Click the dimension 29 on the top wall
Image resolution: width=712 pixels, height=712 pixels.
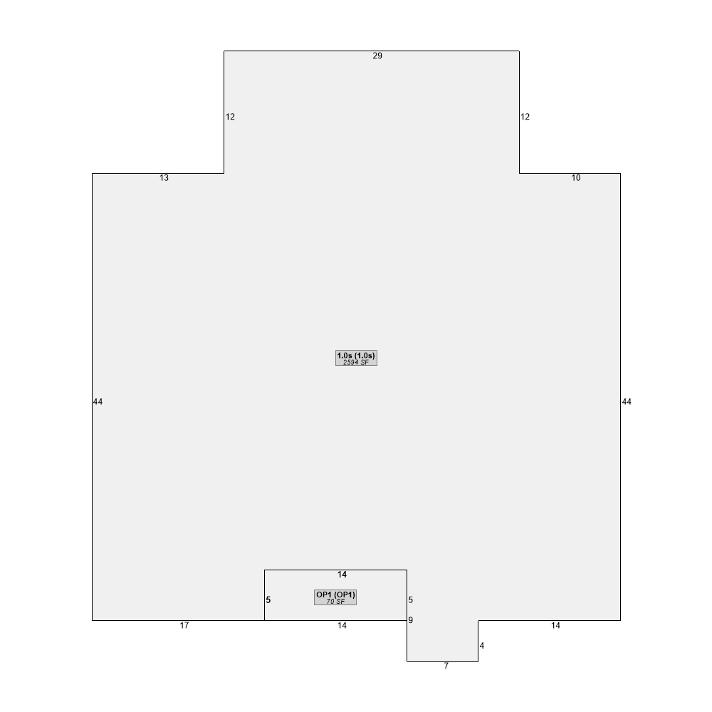377,56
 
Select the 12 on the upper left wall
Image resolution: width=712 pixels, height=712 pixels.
230,117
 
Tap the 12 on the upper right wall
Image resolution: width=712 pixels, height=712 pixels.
525,117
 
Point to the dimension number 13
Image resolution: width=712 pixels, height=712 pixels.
164,178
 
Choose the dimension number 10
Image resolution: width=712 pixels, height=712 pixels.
576,178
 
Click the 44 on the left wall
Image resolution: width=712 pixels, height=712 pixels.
98,402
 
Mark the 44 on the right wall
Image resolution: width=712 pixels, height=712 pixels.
627,402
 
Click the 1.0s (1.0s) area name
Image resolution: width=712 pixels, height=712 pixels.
356,355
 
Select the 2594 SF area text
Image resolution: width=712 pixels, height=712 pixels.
356,362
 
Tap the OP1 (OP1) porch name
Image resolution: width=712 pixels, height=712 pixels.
335,595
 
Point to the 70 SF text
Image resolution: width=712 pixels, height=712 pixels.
335,602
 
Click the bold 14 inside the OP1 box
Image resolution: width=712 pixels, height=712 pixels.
342,575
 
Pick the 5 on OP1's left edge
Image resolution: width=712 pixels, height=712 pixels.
268,600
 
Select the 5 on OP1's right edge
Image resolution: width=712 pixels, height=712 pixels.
411,600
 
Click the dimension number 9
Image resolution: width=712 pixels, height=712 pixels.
411,620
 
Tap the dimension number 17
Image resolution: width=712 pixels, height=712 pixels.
184,625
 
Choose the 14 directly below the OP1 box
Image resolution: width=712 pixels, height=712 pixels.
342,625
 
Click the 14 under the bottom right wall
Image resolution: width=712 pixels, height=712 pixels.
555,625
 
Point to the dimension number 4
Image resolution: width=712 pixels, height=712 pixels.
482,645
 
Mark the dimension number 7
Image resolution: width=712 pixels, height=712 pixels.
446,666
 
